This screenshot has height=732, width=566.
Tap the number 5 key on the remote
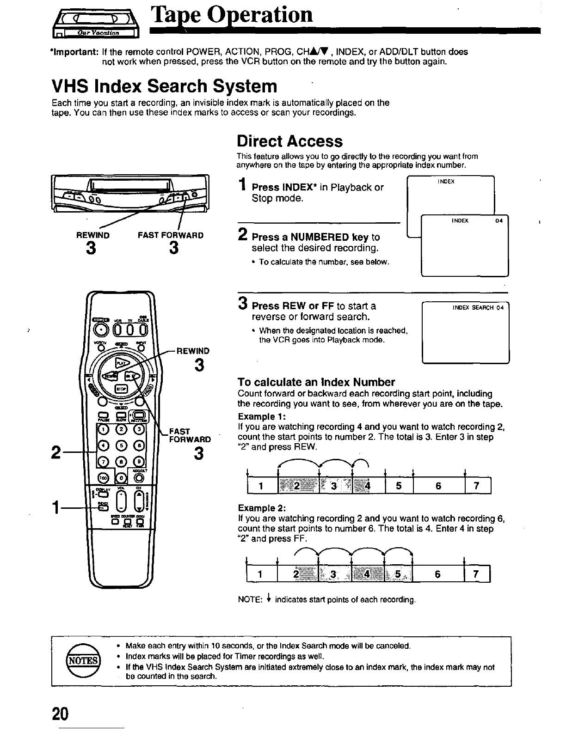point(122,446)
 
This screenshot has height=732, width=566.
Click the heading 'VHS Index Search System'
point(164,86)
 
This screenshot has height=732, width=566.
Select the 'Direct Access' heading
point(289,141)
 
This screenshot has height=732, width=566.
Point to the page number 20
point(60,714)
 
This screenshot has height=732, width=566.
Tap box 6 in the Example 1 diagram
point(438,486)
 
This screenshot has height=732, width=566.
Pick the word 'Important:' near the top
point(75,51)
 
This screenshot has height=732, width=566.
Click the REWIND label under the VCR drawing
point(93,235)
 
